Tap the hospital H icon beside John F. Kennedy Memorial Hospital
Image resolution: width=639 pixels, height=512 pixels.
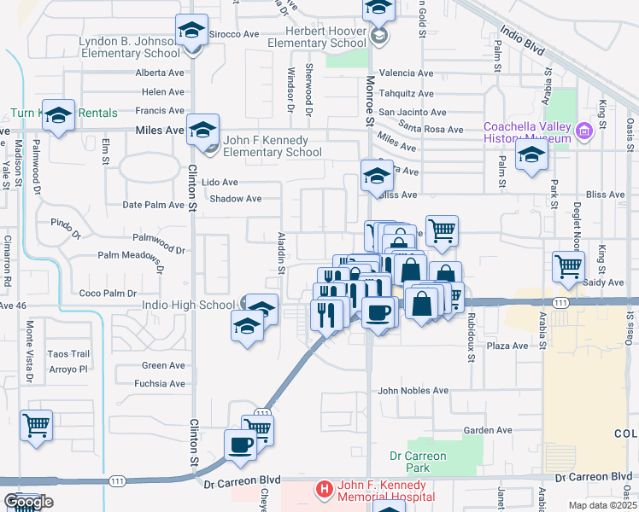pyautogui.click(x=325, y=490)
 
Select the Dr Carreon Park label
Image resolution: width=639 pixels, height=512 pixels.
pyautogui.click(x=418, y=462)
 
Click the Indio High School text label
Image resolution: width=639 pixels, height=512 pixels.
pyautogui.click(x=192, y=305)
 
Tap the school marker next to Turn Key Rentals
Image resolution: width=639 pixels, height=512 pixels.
pyautogui.click(x=59, y=115)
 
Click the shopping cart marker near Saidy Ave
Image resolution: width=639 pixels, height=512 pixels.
pyautogui.click(x=568, y=266)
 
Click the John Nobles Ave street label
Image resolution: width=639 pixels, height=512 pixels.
pyautogui.click(x=413, y=391)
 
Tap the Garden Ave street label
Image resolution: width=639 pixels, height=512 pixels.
pyautogui.click(x=487, y=430)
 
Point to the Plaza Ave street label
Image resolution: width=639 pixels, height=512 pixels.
pyautogui.click(x=507, y=346)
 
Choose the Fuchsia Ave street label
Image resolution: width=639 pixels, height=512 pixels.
pyautogui.click(x=160, y=384)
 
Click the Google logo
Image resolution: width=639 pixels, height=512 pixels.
pyautogui.click(x=28, y=502)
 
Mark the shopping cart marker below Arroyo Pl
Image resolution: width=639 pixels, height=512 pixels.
pyautogui.click(x=36, y=425)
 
